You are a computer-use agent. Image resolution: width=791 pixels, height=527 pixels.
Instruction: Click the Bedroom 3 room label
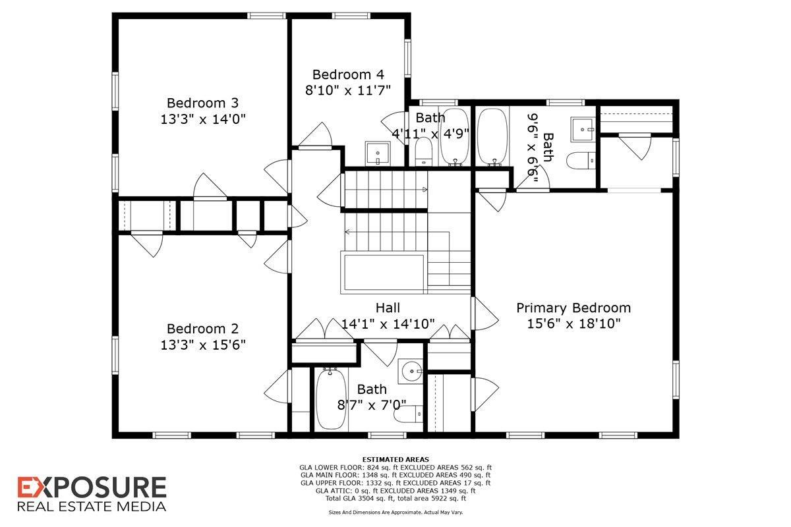[x=202, y=103]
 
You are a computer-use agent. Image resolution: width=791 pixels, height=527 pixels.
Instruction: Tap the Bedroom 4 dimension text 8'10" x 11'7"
[x=348, y=90]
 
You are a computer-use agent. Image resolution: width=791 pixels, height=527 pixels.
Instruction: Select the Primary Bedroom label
[x=573, y=308]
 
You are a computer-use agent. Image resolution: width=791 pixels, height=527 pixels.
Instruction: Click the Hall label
[x=388, y=308]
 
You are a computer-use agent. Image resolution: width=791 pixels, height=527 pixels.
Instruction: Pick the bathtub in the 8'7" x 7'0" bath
[x=327, y=399]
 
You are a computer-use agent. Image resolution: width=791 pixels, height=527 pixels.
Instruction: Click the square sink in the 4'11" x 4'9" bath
[x=378, y=153]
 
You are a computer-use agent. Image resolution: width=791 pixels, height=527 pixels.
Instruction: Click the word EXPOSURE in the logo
[x=92, y=488]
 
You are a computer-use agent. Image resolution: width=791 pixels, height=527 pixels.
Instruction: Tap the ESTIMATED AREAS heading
[x=395, y=459]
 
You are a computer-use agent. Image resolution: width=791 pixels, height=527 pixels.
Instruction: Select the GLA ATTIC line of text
[x=395, y=490]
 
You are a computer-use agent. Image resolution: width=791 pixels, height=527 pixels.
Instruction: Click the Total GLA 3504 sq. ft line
[x=395, y=498]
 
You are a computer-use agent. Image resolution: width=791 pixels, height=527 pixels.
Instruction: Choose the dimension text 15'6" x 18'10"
[x=573, y=323]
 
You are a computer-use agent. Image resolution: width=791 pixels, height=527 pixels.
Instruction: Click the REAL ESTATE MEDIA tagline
[x=92, y=506]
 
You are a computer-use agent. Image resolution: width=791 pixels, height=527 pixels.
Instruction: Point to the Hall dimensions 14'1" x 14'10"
[x=388, y=323]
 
